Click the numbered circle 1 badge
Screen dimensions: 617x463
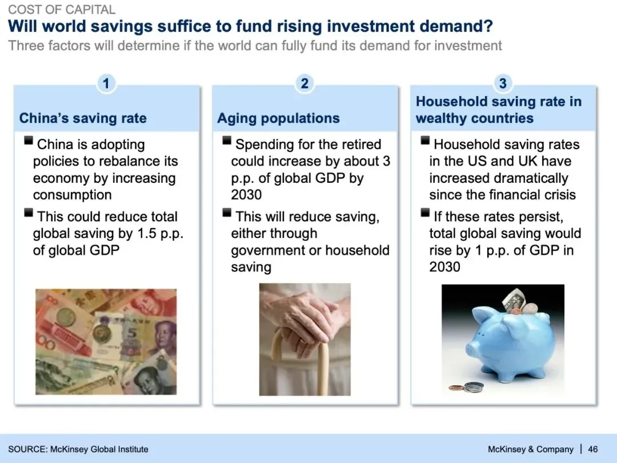point(106,83)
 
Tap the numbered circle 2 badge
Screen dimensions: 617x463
point(304,83)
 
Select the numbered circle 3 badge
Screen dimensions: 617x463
point(503,83)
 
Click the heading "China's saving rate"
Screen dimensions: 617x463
point(83,118)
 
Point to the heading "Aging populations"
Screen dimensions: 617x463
point(278,118)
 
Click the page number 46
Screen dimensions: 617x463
point(592,449)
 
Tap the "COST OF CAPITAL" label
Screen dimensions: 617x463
point(62,9)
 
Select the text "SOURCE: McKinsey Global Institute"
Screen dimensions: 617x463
point(78,449)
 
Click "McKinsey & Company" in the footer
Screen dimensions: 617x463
point(530,449)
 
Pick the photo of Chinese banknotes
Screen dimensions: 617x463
point(106,342)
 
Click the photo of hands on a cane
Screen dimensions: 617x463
point(305,340)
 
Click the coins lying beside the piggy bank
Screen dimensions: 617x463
point(467,387)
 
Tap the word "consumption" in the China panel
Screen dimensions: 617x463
point(73,195)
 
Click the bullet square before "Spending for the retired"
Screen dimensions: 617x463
point(227,141)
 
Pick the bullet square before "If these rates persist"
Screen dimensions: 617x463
point(425,213)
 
